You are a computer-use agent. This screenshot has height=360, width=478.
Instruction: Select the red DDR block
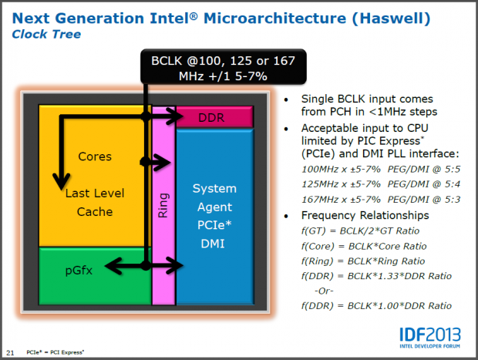[211, 117]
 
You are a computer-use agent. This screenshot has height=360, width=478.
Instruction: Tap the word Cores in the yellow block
[95, 156]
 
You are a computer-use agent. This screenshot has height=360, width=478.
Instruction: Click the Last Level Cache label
[95, 202]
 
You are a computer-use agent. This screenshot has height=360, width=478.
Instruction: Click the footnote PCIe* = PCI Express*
[56, 352]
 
